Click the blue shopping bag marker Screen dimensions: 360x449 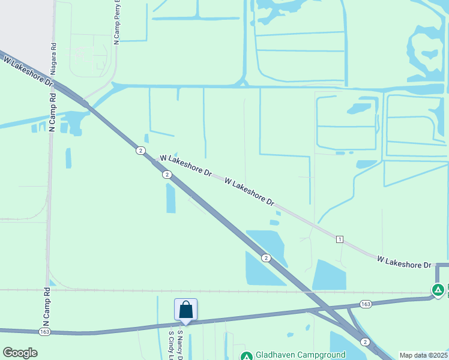tap(185, 310)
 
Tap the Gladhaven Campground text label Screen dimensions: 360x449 tap(300, 355)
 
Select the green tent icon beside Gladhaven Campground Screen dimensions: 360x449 tap(246, 356)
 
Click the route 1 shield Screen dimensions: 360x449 tap(340, 239)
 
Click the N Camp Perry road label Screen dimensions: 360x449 tap(116, 22)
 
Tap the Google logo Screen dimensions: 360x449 tap(20, 353)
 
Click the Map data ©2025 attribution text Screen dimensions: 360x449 tap(423, 355)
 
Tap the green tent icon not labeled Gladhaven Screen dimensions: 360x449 tap(439, 290)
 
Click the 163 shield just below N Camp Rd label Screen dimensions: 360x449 tap(44, 331)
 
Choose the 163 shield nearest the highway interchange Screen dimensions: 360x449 tap(365, 304)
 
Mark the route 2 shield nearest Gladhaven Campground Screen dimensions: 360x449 tap(365, 341)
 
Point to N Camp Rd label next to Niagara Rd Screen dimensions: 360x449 tap(52, 112)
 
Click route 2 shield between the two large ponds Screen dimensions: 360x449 tap(265, 257)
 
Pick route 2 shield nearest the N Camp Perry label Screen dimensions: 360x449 tap(139, 150)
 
